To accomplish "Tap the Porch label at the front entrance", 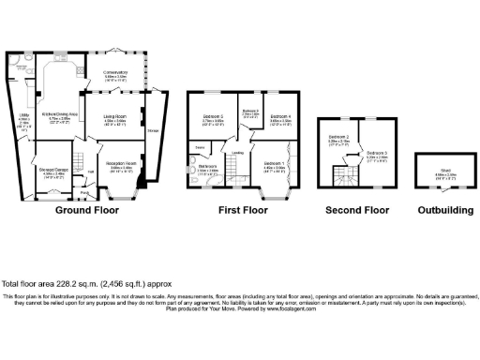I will click(84, 193).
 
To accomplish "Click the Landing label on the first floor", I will click(239, 153).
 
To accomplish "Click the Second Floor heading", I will click(357, 211).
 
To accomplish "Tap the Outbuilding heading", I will click(444, 211).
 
